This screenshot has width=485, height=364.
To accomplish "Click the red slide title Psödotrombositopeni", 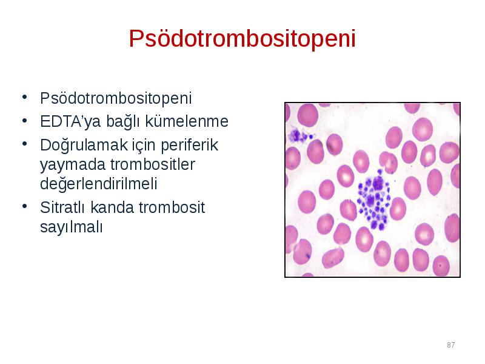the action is pyautogui.click(x=242, y=38).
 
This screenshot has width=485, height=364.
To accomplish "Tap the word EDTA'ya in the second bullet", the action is pyautogui.click(x=70, y=121).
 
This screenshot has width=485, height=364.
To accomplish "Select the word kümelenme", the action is pyautogui.click(x=187, y=121).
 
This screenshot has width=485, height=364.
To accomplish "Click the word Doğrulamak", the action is pyautogui.click(x=84, y=145).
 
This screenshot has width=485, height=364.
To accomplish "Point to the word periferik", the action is pyautogui.click(x=189, y=145).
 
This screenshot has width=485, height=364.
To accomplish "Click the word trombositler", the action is pyautogui.click(x=153, y=164).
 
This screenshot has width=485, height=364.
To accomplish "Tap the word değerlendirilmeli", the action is pyautogui.click(x=99, y=184).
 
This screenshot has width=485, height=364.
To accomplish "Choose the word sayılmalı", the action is pyautogui.click(x=71, y=227).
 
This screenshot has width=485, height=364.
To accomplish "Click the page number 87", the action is pyautogui.click(x=450, y=345).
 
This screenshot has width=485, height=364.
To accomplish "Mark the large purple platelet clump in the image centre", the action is pyautogui.click(x=374, y=200).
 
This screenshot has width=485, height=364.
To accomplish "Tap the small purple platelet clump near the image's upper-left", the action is pyautogui.click(x=299, y=135).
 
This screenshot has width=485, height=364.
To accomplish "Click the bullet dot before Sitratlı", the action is pyautogui.click(x=25, y=206).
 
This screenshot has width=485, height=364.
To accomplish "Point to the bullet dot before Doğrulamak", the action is pyautogui.click(x=25, y=144).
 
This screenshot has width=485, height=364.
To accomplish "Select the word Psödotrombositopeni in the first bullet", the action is pyautogui.click(x=116, y=98).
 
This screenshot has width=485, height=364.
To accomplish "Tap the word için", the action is pyautogui.click(x=144, y=145).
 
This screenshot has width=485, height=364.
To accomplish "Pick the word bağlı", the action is pyautogui.click(x=123, y=121).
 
